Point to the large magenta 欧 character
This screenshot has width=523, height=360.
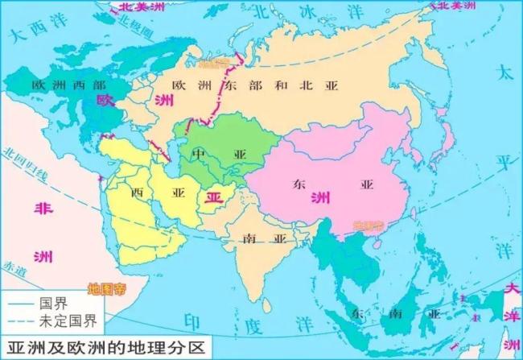point(105,101)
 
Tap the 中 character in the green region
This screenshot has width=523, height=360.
point(199,153)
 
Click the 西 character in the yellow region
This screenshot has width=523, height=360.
point(135,192)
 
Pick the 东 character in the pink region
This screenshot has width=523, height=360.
point(299,184)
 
